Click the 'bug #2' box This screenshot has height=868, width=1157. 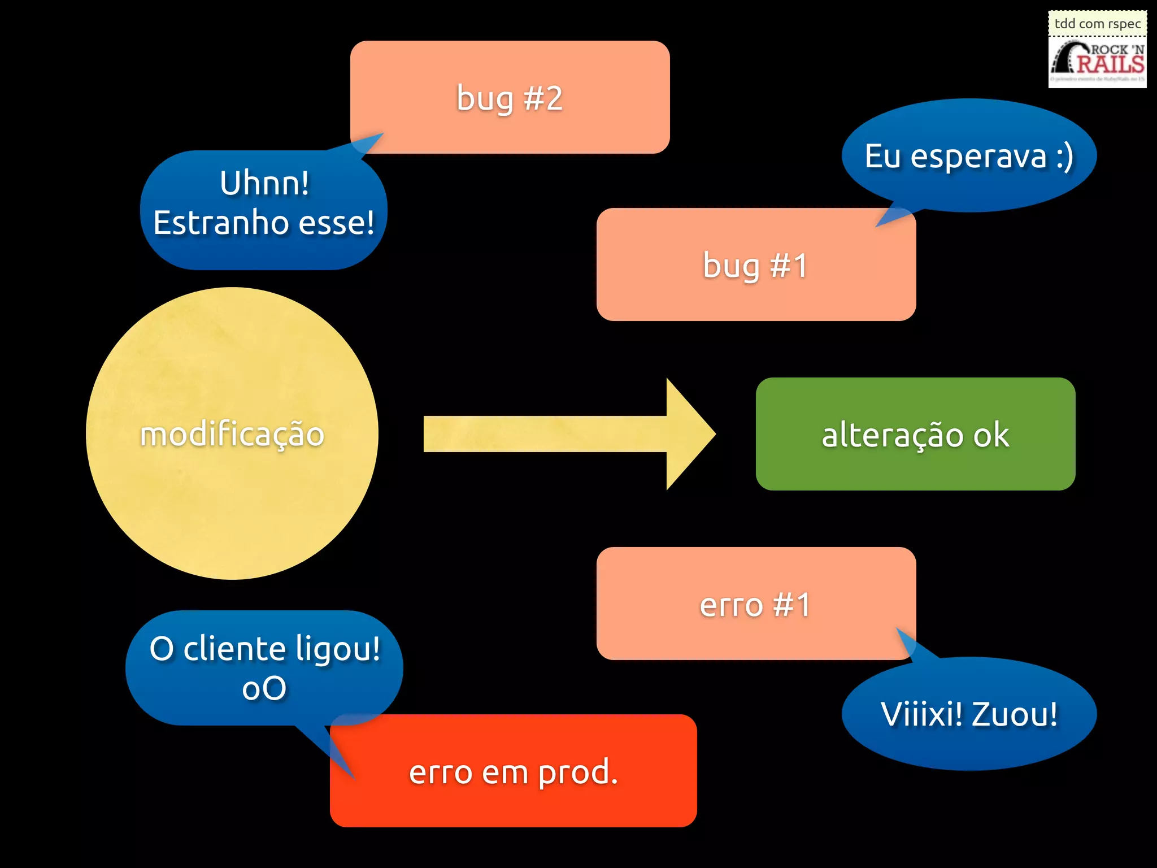click(510, 97)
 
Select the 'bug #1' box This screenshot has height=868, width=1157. click(755, 264)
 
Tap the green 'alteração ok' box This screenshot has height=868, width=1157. click(915, 434)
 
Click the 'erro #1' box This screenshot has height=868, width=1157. click(755, 604)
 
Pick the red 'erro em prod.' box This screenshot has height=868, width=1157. click(513, 771)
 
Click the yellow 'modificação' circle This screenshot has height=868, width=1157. click(232, 433)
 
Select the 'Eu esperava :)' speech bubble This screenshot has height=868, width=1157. click(969, 155)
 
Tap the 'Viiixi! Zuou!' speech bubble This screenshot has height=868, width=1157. click(969, 714)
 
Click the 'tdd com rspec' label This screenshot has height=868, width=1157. click(1097, 24)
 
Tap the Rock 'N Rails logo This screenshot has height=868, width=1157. click(1097, 62)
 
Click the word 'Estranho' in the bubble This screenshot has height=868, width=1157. click(221, 223)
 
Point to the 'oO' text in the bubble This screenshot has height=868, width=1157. click(264, 688)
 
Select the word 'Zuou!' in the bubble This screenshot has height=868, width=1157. click(1015, 714)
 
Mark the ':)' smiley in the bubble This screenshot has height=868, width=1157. click(1064, 157)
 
